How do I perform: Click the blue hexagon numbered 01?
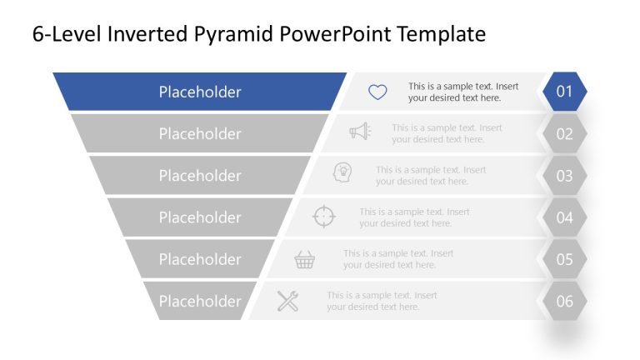565,92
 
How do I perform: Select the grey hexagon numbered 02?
565,133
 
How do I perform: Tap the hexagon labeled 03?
565,176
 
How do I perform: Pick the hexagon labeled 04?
565,217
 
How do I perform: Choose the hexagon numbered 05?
565,259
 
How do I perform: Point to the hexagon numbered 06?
565,301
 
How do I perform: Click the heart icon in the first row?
377,92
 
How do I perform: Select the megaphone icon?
360,132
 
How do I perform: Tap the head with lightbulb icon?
342,172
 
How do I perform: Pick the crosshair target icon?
323,217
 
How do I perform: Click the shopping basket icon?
305,260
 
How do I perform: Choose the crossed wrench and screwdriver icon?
287,301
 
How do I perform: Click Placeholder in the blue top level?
200,92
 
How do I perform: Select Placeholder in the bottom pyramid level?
200,301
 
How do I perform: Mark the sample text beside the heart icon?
462,92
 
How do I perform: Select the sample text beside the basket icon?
398,259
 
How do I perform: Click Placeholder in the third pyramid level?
200,176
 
